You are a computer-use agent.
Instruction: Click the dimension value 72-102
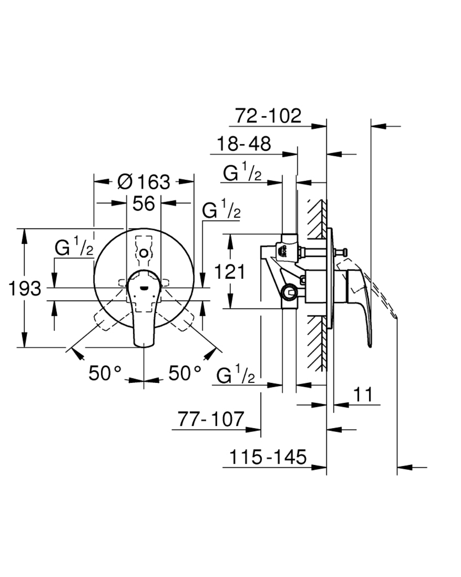click(x=268, y=116)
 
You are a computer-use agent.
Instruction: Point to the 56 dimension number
click(x=144, y=203)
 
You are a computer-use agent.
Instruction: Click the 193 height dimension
click(x=25, y=288)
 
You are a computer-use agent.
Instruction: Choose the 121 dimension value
click(x=230, y=272)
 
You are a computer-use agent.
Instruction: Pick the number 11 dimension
click(x=363, y=394)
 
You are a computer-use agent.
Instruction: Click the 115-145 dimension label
click(x=268, y=457)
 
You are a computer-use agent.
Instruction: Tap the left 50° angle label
click(x=105, y=373)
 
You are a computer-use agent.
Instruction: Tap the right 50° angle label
click(x=184, y=373)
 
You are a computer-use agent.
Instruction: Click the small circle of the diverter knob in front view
click(x=144, y=253)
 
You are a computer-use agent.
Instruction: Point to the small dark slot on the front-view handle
click(x=144, y=288)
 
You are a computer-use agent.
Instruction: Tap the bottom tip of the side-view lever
click(x=371, y=347)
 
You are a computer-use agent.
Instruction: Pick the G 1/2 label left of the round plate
click(x=74, y=246)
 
